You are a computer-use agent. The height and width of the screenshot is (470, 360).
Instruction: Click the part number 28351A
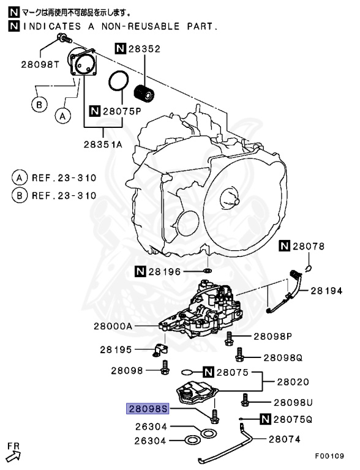point(103,144)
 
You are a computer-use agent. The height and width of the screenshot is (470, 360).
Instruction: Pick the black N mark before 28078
point(284,246)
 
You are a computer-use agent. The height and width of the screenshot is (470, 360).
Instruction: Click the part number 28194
point(331,291)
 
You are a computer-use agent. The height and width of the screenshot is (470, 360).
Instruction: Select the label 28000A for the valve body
point(113,327)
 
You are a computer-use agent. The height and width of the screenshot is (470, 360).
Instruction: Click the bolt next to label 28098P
point(230,337)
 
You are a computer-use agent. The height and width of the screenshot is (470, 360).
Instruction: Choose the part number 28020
point(296,381)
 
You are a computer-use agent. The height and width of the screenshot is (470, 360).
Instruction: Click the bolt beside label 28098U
point(246,401)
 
